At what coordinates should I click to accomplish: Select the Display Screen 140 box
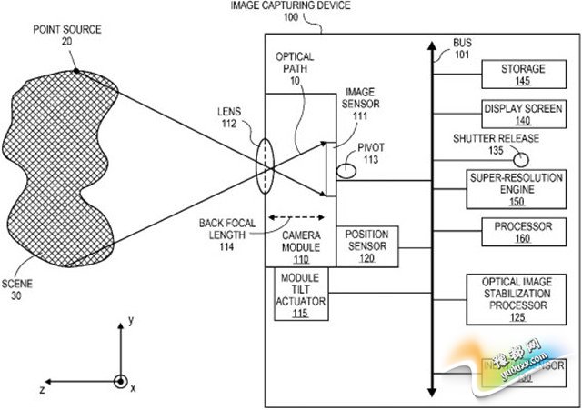(x=516, y=114)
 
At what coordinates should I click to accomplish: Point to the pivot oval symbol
(x=346, y=169)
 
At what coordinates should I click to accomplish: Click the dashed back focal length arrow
(x=297, y=217)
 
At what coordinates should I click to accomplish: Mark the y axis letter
(x=132, y=320)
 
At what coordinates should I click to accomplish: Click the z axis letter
(x=42, y=389)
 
